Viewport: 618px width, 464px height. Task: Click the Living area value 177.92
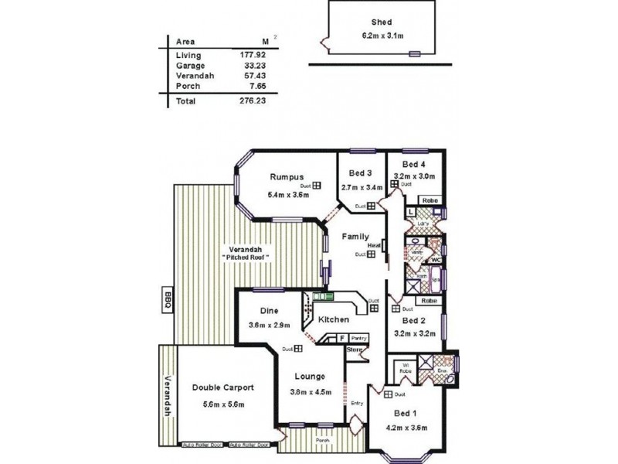(x=254, y=55)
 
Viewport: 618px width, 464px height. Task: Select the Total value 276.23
(x=254, y=101)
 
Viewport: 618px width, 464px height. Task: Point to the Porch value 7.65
(x=259, y=86)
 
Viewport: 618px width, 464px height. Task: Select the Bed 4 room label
(x=414, y=164)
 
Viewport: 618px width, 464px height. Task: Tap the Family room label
(x=355, y=237)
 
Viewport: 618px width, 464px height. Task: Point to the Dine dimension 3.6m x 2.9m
(x=270, y=325)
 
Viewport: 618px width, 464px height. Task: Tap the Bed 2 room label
(x=415, y=321)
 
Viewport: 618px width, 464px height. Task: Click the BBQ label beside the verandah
(x=167, y=299)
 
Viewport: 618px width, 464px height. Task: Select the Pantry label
(x=358, y=337)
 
